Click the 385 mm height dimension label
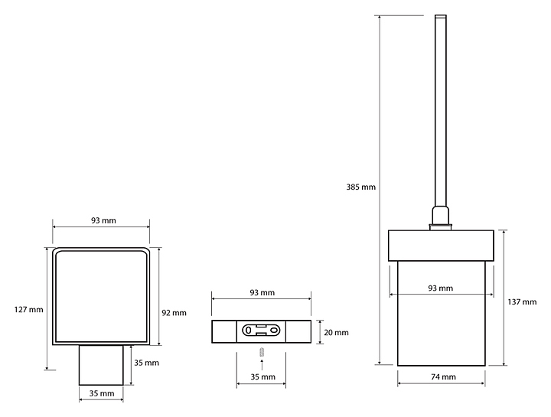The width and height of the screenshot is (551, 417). (x=361, y=187)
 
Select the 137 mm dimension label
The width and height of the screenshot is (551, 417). (x=522, y=301)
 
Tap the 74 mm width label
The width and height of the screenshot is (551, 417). (x=443, y=377)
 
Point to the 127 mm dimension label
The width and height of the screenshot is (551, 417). (x=29, y=310)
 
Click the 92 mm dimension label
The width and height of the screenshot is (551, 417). (x=174, y=313)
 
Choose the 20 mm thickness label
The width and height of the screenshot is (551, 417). (x=336, y=332)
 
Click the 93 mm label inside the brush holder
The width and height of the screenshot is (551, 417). (x=440, y=288)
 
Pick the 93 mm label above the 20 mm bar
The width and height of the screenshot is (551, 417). (x=262, y=292)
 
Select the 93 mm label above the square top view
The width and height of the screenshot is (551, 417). (x=103, y=220)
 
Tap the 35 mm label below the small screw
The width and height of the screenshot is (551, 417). (x=262, y=377)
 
